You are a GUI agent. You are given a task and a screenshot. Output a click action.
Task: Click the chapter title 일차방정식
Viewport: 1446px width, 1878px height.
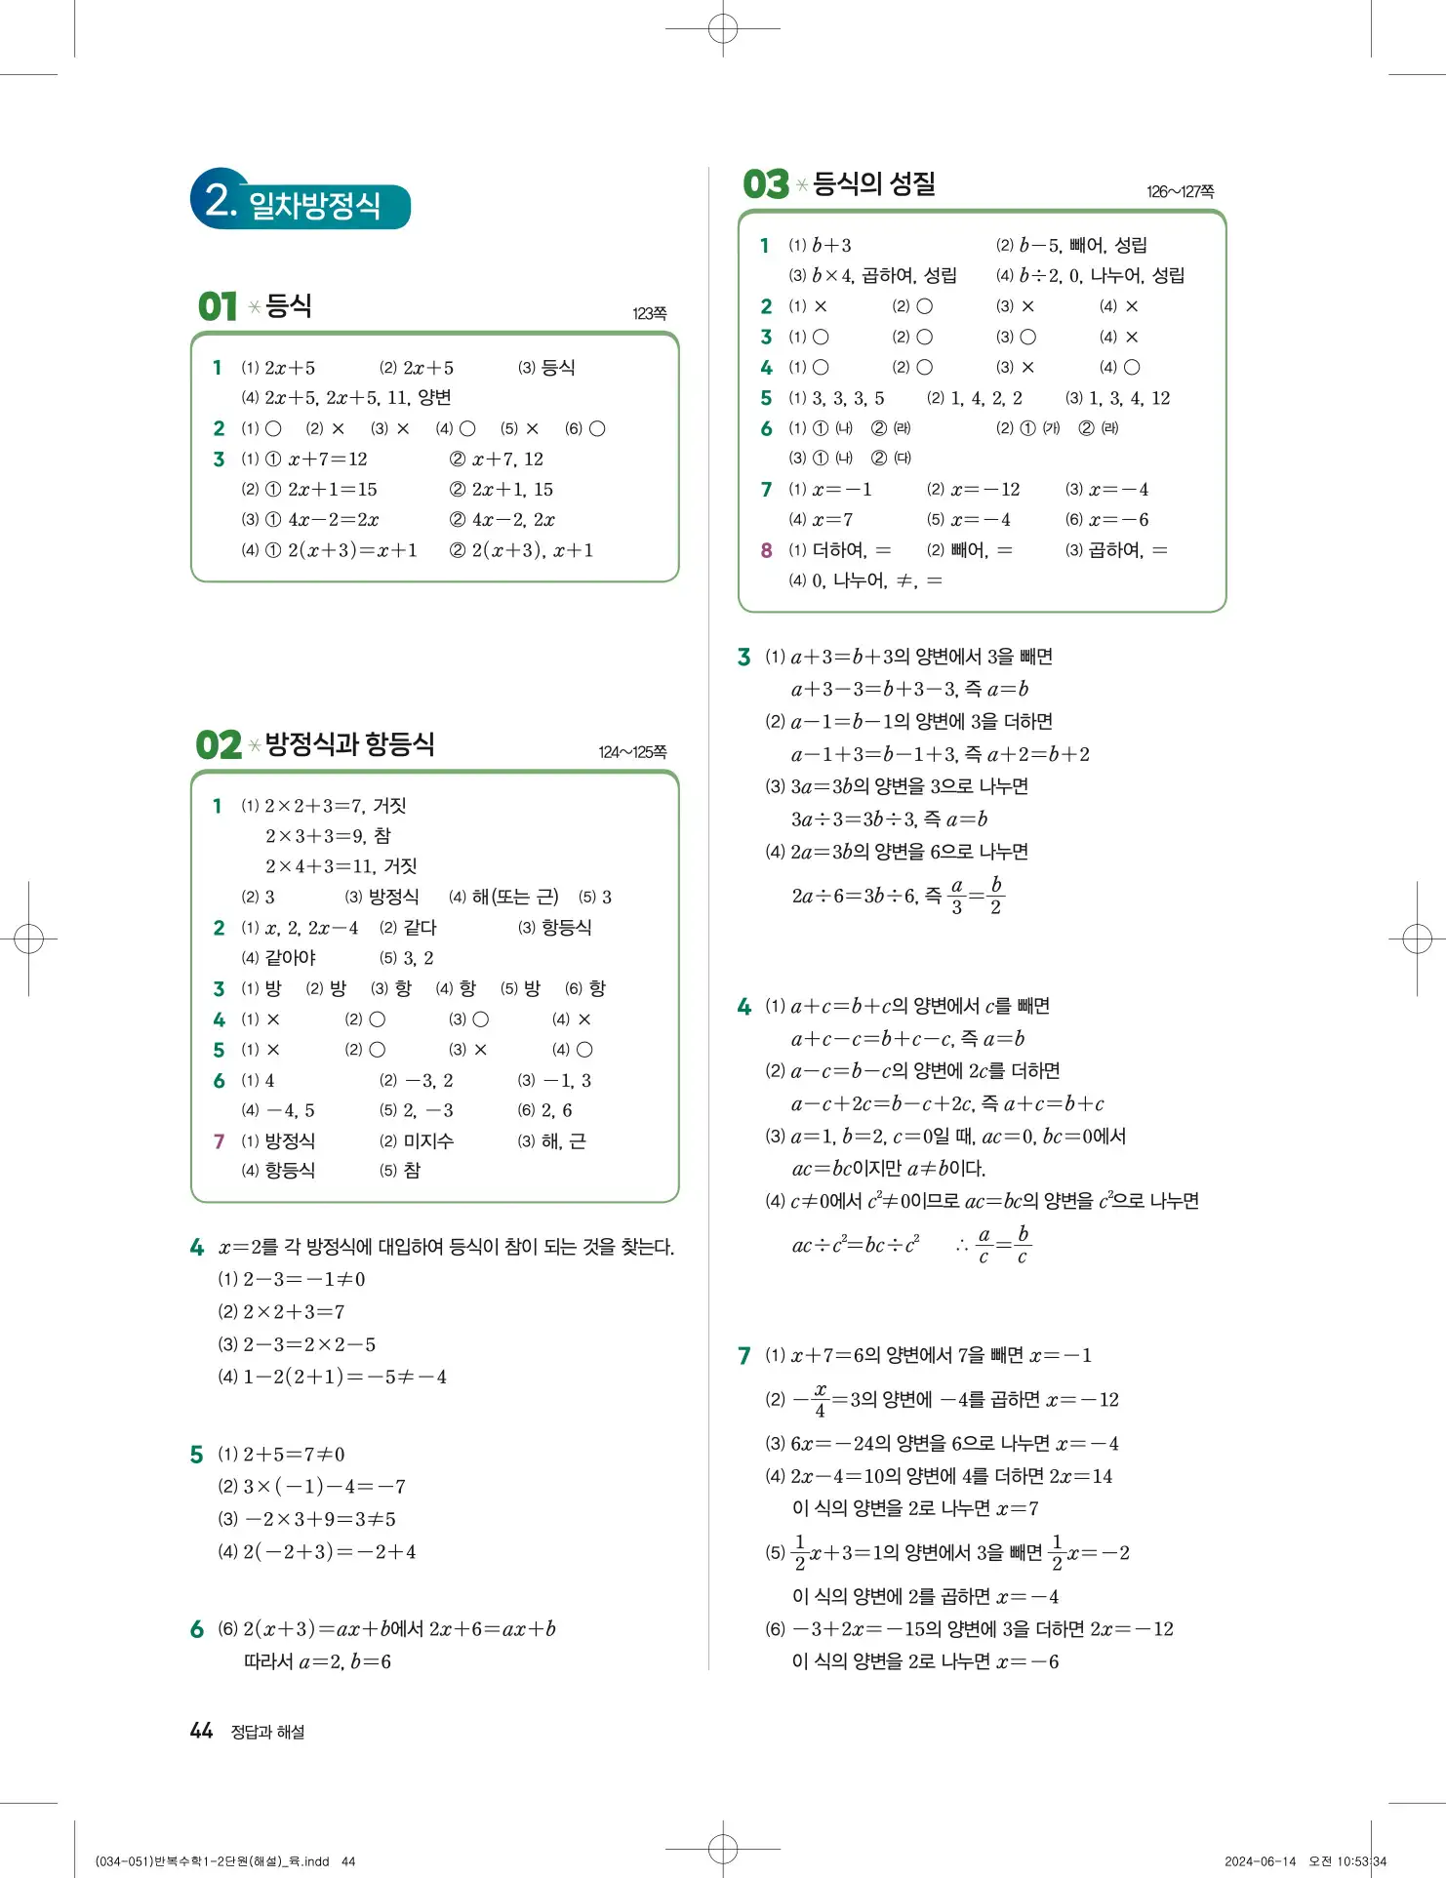pos(314,205)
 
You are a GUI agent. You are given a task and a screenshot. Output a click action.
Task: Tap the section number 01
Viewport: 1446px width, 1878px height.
pos(217,306)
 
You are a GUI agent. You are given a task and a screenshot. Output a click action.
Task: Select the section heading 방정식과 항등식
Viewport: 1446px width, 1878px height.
pos(349,744)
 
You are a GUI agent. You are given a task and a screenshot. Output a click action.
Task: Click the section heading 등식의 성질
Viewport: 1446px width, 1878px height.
pos(873,183)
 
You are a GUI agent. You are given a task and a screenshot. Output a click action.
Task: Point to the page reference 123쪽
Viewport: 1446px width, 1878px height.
pos(649,313)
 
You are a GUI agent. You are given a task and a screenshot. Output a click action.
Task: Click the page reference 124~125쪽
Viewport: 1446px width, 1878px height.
pos(632,752)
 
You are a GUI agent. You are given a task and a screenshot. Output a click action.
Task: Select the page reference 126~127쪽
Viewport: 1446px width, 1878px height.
pos(1180,191)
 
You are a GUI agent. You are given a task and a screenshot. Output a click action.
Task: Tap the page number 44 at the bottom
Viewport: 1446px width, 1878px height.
pos(201,1731)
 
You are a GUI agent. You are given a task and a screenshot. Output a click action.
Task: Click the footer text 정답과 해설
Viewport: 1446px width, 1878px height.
pos(267,1732)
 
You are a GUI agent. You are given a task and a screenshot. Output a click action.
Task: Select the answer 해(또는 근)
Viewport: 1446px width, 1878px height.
pos(515,897)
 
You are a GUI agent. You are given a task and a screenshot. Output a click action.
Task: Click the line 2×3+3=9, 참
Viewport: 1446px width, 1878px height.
pos(328,836)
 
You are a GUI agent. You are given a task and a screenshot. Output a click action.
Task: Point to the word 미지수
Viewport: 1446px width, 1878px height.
pos(428,1140)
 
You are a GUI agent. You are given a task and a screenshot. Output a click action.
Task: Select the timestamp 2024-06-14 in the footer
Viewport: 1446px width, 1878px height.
pos(1260,1861)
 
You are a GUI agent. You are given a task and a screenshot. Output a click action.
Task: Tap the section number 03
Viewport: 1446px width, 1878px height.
pos(765,184)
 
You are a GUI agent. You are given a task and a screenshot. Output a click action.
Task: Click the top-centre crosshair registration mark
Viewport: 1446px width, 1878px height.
pos(723,29)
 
